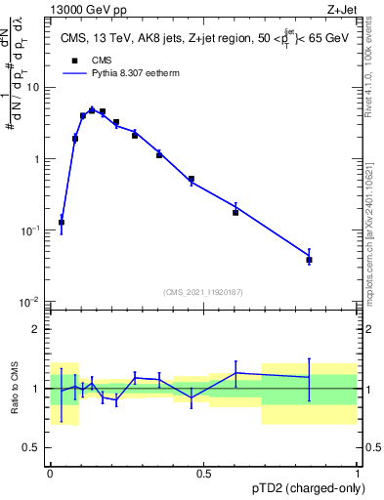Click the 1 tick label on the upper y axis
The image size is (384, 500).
(39, 158)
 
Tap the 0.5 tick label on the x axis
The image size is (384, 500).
(204, 475)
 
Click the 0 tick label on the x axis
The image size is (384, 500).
(50, 475)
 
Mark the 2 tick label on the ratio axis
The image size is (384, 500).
(39, 329)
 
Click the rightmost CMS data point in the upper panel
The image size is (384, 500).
(309, 260)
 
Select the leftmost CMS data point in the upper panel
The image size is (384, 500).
(62, 223)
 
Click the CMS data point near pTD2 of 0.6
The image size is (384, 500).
(235, 212)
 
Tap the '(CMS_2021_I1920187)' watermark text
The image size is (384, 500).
(203, 291)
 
